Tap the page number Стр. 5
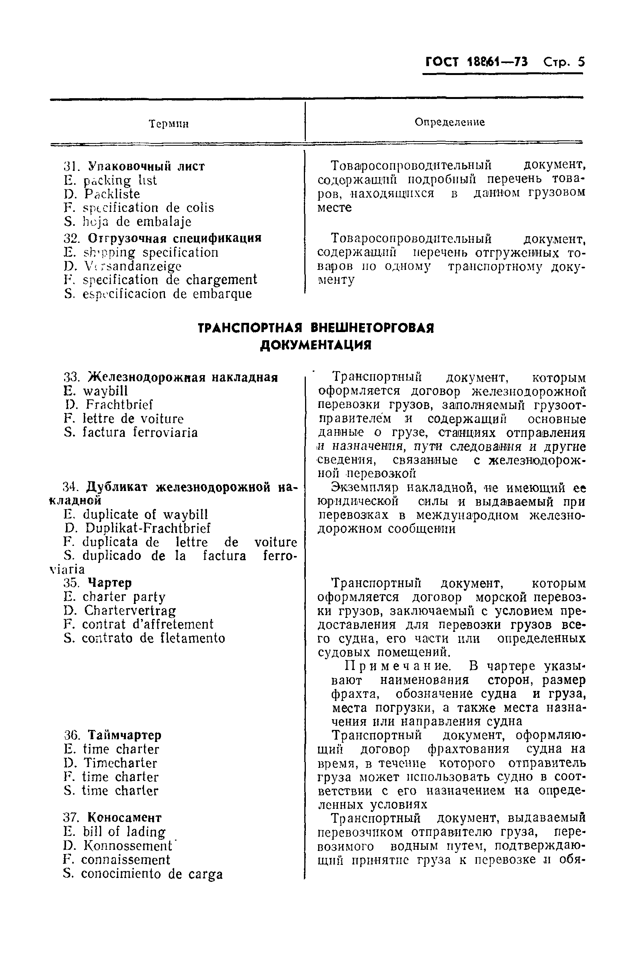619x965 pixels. [x=564, y=62]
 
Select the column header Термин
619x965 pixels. [x=169, y=124]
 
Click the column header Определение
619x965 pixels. [x=450, y=122]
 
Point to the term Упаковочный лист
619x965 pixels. [x=146, y=166]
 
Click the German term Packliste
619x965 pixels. [x=112, y=194]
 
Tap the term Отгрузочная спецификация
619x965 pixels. [x=175, y=238]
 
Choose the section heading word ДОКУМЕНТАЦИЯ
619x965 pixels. [x=315, y=345]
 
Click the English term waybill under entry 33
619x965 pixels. [x=105, y=391]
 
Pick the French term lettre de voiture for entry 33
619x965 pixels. [x=133, y=419]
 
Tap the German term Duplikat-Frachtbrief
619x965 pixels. [x=148, y=528]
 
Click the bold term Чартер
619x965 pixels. [x=110, y=583]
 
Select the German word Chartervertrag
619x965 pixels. [x=130, y=610]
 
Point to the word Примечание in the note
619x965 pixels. [x=397, y=666]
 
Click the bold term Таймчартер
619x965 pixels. [x=125, y=735]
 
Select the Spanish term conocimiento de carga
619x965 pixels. [x=151, y=873]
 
